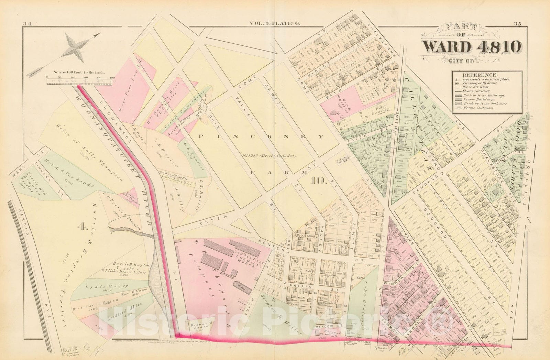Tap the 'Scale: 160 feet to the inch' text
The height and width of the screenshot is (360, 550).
pos(79,72)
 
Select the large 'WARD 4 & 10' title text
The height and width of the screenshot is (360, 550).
pos(471,47)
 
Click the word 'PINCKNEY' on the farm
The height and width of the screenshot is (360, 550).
pos(261,137)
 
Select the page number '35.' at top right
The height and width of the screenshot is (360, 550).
pos(518,24)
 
